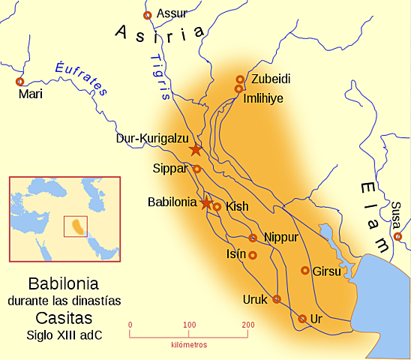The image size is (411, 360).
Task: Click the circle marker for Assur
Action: coord(147,14)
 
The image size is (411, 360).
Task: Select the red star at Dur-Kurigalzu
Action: coord(195,149)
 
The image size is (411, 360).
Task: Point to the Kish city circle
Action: coord(217,206)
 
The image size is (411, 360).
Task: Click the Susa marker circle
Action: coord(397,237)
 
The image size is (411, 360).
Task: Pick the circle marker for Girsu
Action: coord(305,270)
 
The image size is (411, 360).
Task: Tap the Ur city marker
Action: coord(302,319)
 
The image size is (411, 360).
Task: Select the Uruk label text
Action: coord(254,299)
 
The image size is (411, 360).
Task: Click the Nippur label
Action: coord(282,237)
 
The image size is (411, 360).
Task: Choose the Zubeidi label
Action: coord(270,78)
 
